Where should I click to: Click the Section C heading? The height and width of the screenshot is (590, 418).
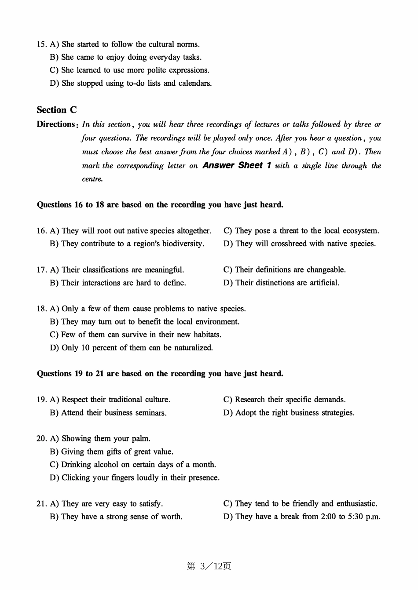[x=57, y=110]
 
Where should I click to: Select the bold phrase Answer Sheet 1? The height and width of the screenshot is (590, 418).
[x=237, y=165]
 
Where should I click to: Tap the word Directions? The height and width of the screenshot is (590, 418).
[x=56, y=124]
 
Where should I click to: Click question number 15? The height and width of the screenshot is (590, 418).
[x=41, y=44]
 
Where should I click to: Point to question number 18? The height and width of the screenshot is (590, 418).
[x=41, y=309]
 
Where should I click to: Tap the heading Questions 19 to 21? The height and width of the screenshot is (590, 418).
[x=160, y=374]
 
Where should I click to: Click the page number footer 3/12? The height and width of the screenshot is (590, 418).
[x=209, y=566]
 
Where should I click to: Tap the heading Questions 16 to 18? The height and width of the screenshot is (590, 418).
[x=160, y=205]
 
